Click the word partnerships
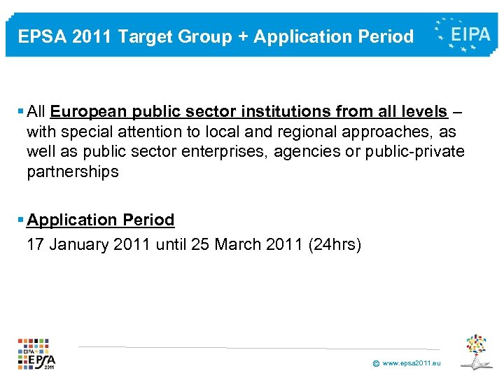coord(73,171)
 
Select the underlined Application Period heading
coord(101,220)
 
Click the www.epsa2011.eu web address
coord(412,363)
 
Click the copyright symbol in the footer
coord(376,364)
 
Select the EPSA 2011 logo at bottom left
coord(37,353)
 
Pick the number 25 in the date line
coord(196,245)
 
